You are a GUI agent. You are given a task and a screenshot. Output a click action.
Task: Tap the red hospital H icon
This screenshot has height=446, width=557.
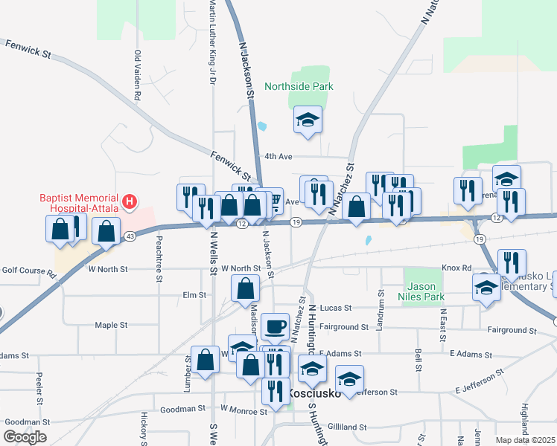pyautogui.click(x=130, y=201)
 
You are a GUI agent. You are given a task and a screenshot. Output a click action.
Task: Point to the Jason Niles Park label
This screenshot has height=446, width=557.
pyautogui.click(x=424, y=291)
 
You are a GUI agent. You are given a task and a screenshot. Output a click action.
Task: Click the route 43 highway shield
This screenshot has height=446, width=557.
pyautogui.click(x=130, y=236)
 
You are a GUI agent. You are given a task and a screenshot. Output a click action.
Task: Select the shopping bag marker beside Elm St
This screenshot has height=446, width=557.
pyautogui.click(x=244, y=288)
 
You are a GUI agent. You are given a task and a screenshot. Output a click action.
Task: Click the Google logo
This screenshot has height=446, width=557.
pyautogui.click(x=25, y=437)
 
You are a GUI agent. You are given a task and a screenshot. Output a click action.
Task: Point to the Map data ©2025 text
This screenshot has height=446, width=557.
pyautogui.click(x=525, y=440)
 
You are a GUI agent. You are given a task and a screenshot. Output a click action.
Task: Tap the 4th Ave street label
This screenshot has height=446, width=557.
pyautogui.click(x=278, y=157)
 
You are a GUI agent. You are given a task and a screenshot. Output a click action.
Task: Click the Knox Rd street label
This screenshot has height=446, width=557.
pyautogui.click(x=456, y=268)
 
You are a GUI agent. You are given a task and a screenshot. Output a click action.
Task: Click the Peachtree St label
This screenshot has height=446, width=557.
pyautogui.click(x=159, y=259)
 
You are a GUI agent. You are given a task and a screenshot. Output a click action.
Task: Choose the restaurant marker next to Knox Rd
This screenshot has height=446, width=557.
pyautogui.click(x=512, y=263)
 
